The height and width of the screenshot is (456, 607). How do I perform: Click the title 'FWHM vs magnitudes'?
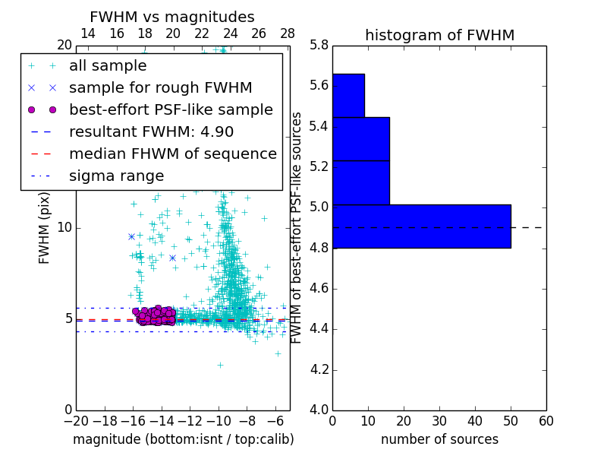pyautogui.click(x=171, y=17)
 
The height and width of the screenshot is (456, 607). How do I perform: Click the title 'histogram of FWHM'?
pyautogui.click(x=439, y=35)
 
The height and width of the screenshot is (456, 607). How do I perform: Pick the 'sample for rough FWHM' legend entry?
pyautogui.click(x=160, y=87)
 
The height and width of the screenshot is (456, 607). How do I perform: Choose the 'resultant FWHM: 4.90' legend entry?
pyautogui.click(x=151, y=131)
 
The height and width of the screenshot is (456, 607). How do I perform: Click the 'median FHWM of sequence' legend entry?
pyautogui.click(x=172, y=154)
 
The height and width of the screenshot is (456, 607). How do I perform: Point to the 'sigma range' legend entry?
pyautogui.click(x=116, y=176)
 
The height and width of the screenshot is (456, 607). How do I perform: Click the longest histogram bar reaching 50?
pyautogui.click(x=421, y=226)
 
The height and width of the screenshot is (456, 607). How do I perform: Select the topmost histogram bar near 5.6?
pyautogui.click(x=348, y=95)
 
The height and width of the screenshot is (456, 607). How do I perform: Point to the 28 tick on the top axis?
pyautogui.click(x=288, y=33)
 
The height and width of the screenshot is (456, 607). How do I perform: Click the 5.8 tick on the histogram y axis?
pyautogui.click(x=319, y=45)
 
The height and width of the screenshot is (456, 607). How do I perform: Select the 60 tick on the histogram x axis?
pyautogui.click(x=546, y=421)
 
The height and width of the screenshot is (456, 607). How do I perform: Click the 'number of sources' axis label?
pyautogui.click(x=439, y=439)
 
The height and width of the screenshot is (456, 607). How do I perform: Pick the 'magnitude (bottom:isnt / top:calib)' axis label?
pyautogui.click(x=183, y=439)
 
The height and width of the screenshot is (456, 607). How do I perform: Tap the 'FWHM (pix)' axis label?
pyautogui.click(x=45, y=226)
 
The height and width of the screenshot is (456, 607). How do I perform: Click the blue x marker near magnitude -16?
pyautogui.click(x=131, y=236)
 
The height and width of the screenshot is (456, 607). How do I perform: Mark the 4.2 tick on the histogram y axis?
pyautogui.click(x=319, y=370)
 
